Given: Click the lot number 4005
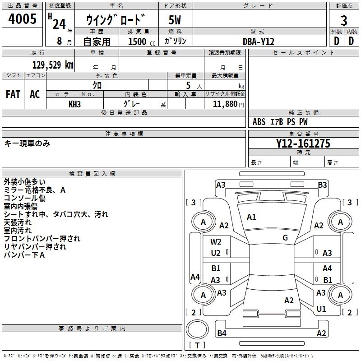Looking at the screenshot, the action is [x=23, y=20].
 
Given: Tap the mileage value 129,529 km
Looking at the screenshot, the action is [x=53, y=65].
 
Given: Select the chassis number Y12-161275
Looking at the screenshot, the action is [x=303, y=144].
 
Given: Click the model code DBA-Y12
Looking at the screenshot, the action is [x=259, y=42].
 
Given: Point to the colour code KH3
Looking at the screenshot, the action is [x=74, y=104].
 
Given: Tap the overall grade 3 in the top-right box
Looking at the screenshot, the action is [x=344, y=21].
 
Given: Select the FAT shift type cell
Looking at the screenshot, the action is [x=13, y=94].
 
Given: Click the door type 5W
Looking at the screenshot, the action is [x=175, y=21].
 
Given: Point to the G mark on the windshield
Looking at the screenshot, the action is [x=285, y=237].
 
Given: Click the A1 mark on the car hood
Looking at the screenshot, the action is [x=251, y=217].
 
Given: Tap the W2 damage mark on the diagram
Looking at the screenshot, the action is [x=216, y=242].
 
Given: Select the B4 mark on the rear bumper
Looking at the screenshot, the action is [x=222, y=333].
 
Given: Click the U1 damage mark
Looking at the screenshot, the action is [x=321, y=309].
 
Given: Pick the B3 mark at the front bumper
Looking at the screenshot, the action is [x=322, y=185].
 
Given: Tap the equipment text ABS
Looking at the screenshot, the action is [x=259, y=122].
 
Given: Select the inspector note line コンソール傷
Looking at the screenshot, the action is [x=25, y=198].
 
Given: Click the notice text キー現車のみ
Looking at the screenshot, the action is [x=27, y=143].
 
